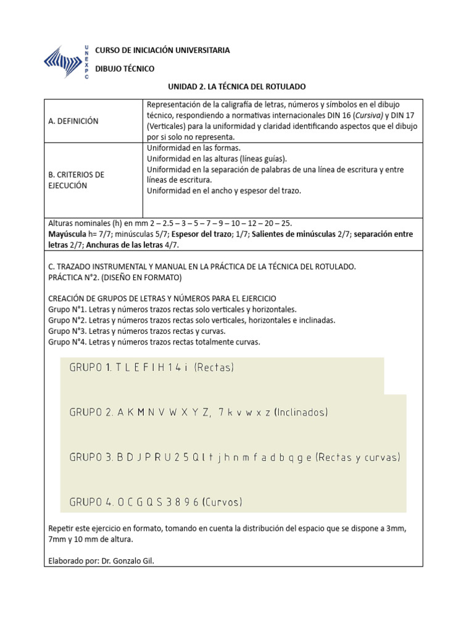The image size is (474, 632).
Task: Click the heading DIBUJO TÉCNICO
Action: (x=124, y=69)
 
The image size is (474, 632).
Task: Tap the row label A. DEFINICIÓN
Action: (x=73, y=121)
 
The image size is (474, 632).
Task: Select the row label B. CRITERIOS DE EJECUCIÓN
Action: (x=76, y=180)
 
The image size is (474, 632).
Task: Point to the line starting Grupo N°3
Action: (x=139, y=331)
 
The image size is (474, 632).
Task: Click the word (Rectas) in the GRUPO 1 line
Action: (x=214, y=368)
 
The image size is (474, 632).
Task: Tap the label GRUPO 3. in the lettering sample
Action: (x=91, y=457)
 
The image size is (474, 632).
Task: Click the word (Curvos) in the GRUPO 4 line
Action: (x=222, y=502)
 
